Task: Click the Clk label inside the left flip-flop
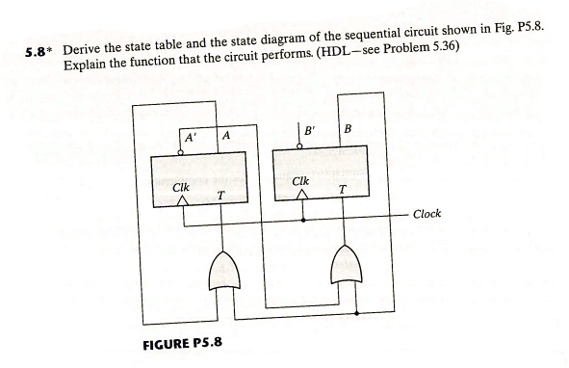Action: click(179, 185)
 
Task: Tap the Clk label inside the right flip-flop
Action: click(300, 181)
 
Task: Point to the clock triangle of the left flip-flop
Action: click(179, 200)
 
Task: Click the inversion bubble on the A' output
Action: click(180, 150)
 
